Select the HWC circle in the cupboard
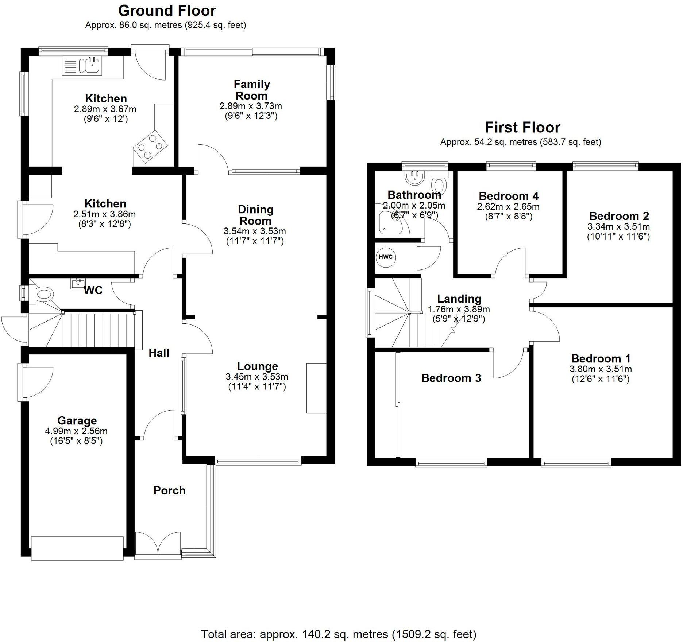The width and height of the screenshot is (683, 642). click(x=386, y=257)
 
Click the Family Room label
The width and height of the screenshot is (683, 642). click(x=252, y=90)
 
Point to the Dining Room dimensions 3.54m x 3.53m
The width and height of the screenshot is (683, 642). click(x=255, y=231)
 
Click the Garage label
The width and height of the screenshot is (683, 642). click(x=77, y=421)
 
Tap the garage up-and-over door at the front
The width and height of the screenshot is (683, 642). click(x=77, y=548)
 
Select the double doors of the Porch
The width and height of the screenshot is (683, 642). click(x=158, y=545)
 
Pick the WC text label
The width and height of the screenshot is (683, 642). click(x=93, y=291)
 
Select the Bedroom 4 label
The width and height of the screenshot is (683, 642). click(x=509, y=196)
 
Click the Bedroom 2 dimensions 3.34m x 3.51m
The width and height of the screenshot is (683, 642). click(x=618, y=227)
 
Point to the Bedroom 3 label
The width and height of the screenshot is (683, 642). click(x=451, y=378)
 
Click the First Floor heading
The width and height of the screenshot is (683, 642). click(x=522, y=128)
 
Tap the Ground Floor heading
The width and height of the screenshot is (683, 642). click(x=167, y=11)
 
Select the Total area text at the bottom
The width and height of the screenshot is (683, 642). click(x=339, y=634)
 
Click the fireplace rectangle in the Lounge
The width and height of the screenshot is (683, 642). click(x=316, y=388)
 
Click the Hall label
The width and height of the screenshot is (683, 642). click(x=159, y=353)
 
